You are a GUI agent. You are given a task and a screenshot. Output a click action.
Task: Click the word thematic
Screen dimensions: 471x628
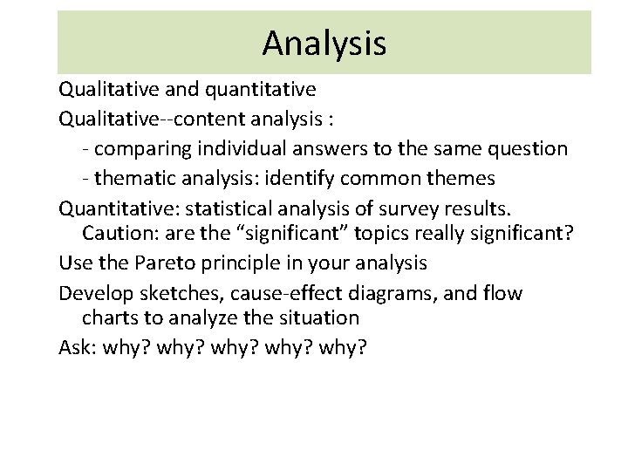click(135, 178)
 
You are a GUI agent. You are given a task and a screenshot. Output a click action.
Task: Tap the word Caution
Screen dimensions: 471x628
click(113, 234)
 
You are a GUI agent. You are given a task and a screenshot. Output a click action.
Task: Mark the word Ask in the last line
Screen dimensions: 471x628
click(76, 347)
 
